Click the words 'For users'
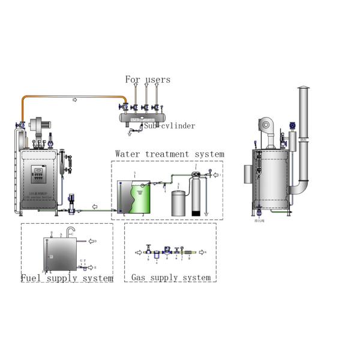click(x=148, y=79)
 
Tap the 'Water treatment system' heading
click(x=170, y=154)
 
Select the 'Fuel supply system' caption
click(x=67, y=278)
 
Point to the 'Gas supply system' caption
click(x=171, y=278)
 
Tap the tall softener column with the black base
click(x=196, y=195)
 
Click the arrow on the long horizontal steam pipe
click(x=75, y=100)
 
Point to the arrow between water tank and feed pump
click(x=94, y=208)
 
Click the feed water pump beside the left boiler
click(x=71, y=203)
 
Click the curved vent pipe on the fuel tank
click(x=70, y=231)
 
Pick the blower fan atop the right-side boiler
click(x=265, y=125)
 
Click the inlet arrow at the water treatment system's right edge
click(x=218, y=175)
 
